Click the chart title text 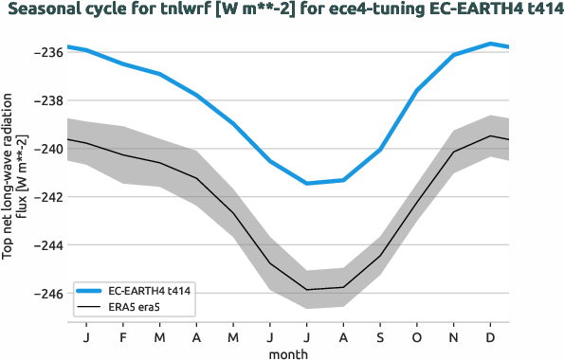282,10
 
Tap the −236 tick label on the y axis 46,52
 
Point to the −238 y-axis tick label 46,100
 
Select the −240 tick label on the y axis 46,149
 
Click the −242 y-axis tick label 46,197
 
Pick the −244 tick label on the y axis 46,245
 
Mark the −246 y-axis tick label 46,294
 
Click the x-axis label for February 123,338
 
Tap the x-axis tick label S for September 381,338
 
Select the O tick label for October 417,338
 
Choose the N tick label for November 454,338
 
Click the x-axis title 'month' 287,352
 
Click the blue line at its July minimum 307,183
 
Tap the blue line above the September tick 381,150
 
